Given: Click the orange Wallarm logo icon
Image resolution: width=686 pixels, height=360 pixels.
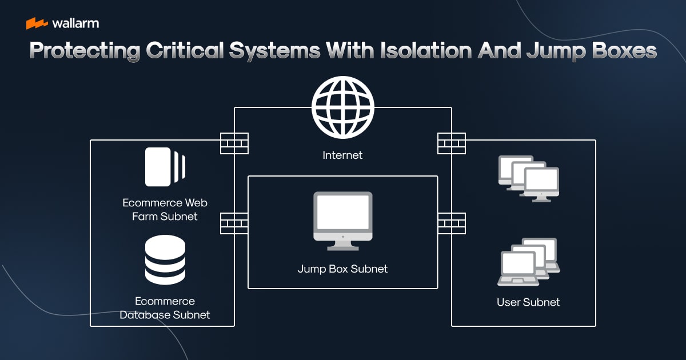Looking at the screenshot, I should (37, 23).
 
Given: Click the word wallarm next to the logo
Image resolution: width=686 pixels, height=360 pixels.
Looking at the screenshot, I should (75, 23).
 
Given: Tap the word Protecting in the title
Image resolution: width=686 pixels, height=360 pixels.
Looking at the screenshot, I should (84, 51).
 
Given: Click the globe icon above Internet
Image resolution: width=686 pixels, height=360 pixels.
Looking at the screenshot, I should (342, 107).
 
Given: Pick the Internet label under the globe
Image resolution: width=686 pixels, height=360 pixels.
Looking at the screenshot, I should (342, 155).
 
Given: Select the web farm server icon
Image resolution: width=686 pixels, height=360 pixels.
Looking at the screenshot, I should (165, 167).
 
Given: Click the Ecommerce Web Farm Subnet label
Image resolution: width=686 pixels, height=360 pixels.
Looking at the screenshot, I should (165, 209).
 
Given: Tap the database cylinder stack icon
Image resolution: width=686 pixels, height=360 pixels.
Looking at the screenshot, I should (165, 260).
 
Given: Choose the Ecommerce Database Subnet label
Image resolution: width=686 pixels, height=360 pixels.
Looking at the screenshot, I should (165, 308).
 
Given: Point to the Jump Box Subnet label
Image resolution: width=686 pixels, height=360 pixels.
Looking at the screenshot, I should (342, 269).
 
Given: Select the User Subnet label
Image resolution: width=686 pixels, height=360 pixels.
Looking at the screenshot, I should (528, 302).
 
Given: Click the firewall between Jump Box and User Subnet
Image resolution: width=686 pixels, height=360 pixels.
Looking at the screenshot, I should (452, 223).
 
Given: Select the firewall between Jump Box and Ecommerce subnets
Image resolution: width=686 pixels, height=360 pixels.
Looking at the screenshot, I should (234, 223).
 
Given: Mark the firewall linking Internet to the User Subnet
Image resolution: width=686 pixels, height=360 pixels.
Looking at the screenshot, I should (452, 143).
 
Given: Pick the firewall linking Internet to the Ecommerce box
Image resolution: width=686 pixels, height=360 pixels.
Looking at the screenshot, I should (234, 143).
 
